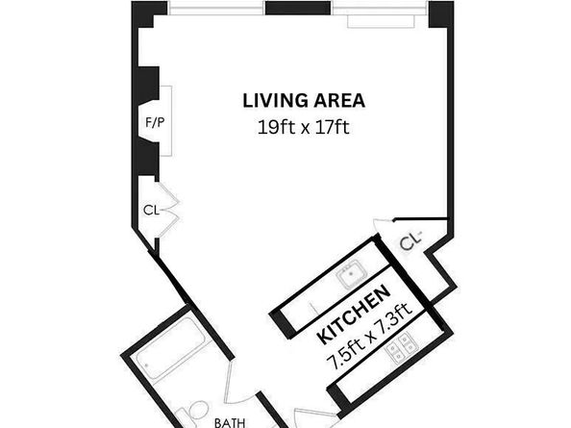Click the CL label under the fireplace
151,208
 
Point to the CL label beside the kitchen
411,242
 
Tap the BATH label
230,421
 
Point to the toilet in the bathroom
199,411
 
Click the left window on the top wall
216,9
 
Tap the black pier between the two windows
298,9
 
